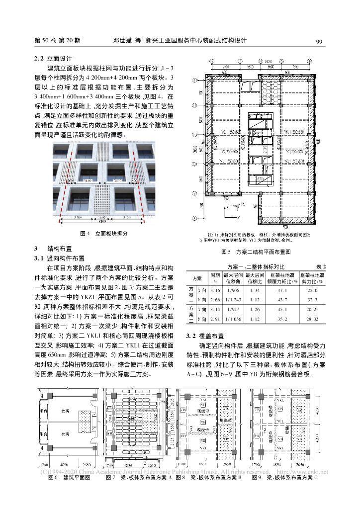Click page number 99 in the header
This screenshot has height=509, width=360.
click(320, 41)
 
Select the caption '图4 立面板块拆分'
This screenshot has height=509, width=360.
click(104, 233)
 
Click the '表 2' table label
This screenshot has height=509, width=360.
click(320, 266)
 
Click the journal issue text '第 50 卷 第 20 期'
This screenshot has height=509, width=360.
click(58, 41)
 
